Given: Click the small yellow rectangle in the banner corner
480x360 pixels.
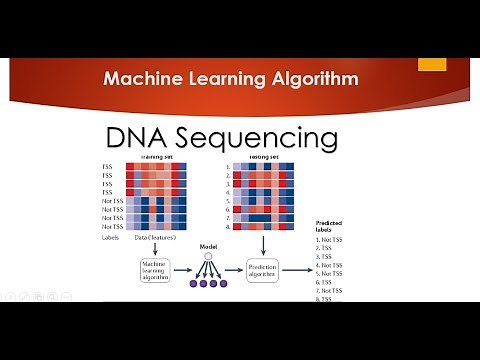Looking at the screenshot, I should point(431,64).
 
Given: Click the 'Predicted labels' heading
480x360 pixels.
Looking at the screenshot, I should point(330,228).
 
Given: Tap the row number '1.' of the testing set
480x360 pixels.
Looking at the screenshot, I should point(228,165).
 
